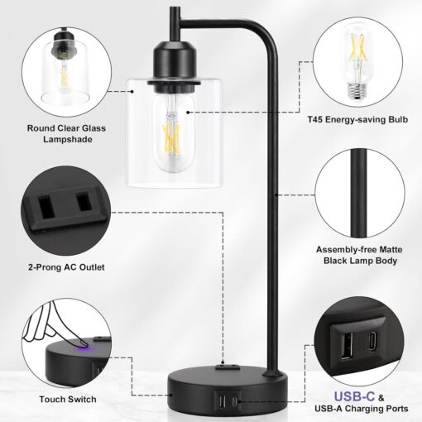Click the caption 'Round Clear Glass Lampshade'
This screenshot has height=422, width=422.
(x=59, y=133)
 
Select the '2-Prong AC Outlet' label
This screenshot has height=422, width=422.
(x=60, y=266)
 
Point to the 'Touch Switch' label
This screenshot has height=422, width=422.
(x=59, y=399)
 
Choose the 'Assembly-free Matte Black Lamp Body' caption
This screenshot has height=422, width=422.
(x=363, y=254)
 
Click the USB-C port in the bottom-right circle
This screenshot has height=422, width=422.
(x=376, y=342)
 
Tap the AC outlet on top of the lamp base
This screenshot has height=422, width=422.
(x=225, y=362)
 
